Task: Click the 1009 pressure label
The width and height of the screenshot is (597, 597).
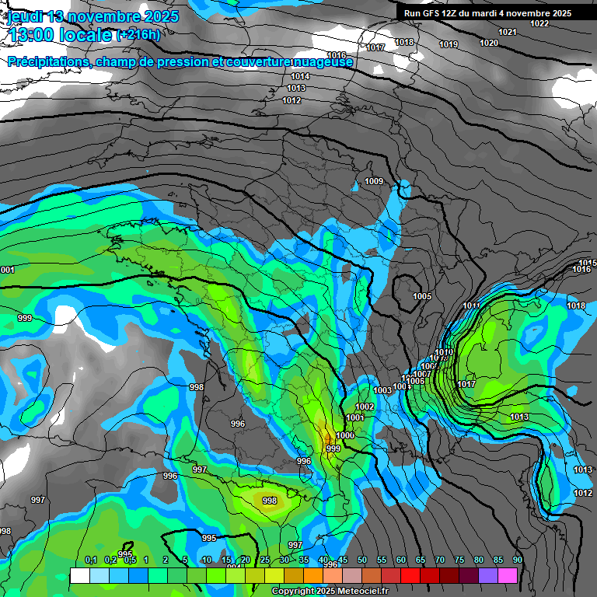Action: [374, 182]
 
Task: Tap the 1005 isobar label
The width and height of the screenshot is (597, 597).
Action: [422, 297]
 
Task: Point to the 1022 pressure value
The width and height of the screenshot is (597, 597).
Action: [539, 23]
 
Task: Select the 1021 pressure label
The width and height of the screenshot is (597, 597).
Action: [508, 32]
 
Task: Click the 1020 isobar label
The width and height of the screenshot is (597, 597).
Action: [489, 43]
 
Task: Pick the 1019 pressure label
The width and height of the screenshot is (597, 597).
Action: [449, 44]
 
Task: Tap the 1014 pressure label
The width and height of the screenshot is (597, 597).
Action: [300, 76]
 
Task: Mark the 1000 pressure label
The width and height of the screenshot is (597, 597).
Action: [345, 436]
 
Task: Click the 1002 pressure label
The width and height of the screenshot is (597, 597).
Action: [365, 407]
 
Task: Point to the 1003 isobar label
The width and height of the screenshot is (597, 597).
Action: [382, 390]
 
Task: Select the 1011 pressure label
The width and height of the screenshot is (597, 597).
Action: [471, 305]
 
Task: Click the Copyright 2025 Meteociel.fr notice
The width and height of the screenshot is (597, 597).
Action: [330, 592]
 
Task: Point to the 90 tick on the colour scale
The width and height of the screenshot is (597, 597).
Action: [517, 560]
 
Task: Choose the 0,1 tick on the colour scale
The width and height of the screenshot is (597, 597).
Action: [90, 560]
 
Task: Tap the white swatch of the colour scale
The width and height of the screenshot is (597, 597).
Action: [79, 575]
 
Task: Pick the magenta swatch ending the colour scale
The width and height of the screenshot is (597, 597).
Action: [508, 575]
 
